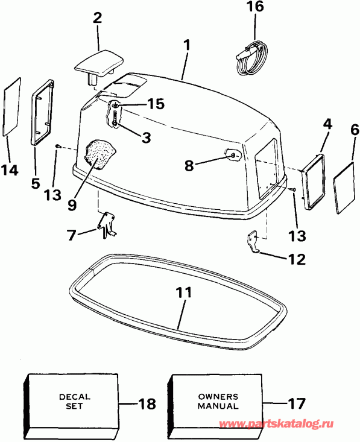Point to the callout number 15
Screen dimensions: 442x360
[155, 104]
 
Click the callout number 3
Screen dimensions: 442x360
[145, 137]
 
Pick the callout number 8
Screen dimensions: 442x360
[189, 164]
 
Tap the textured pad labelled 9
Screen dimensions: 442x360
[99, 153]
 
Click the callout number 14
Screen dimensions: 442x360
[9, 170]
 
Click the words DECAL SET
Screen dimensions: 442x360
[75, 402]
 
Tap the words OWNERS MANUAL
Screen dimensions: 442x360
[218, 402]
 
